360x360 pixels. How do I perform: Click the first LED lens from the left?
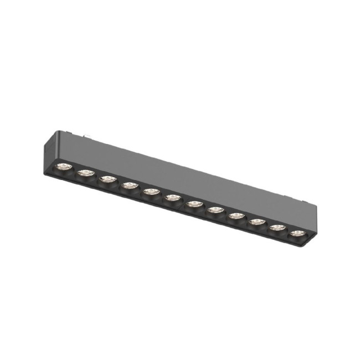coord(65,167)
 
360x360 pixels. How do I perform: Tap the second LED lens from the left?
coord(85,173)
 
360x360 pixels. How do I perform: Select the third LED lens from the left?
coord(107,179)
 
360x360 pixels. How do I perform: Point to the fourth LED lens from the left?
coord(129,186)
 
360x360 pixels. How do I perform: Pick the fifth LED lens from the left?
coord(150,192)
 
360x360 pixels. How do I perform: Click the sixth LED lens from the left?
coord(172,197)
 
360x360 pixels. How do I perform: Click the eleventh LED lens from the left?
coord(277,228)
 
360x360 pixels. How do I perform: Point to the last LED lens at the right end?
coord(297,233)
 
